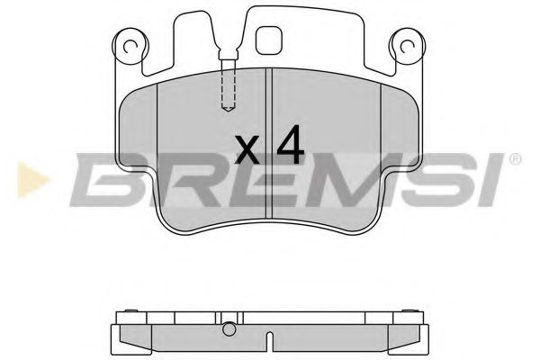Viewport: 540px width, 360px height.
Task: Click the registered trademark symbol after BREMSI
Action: tap(514, 159)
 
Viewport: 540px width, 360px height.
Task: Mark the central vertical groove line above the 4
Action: tap(271, 99)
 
